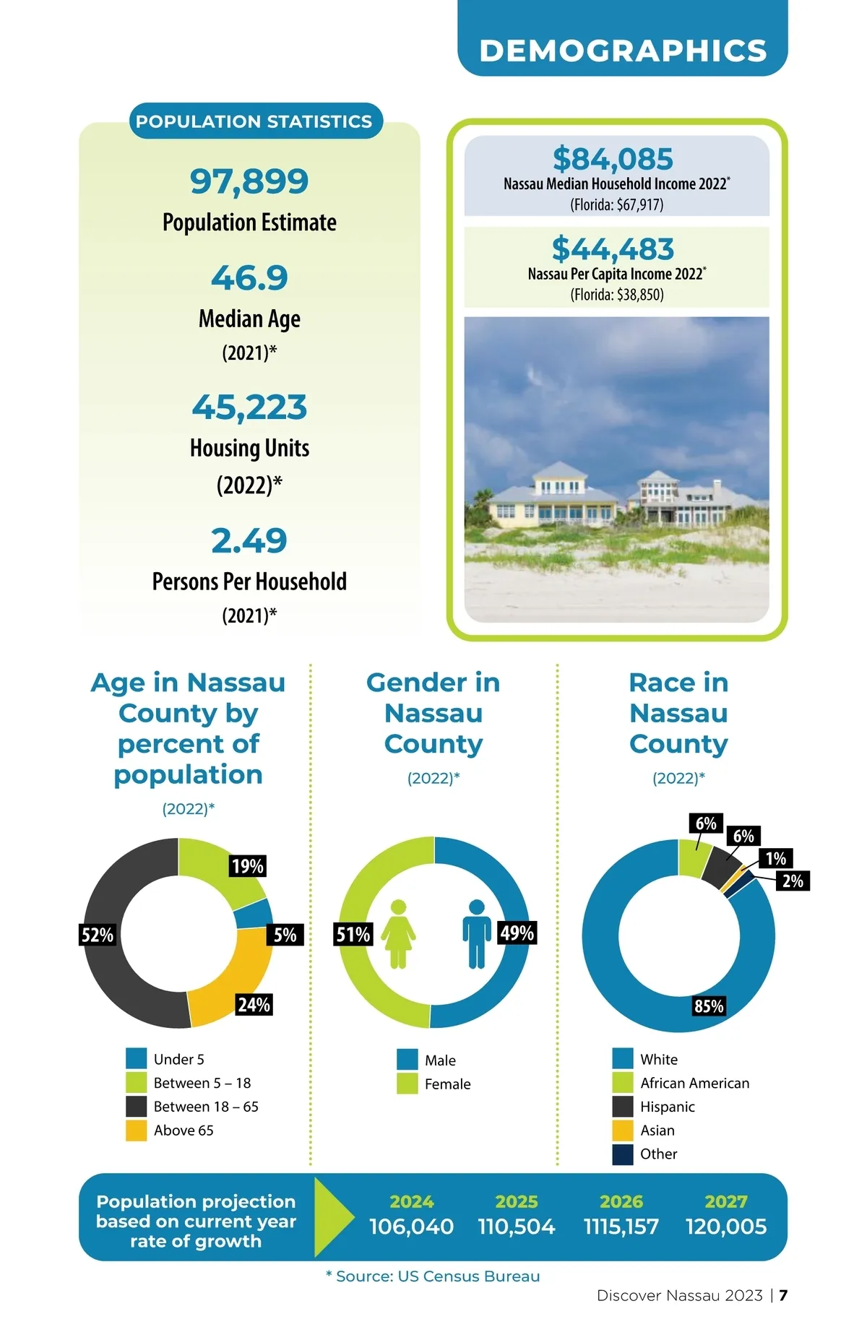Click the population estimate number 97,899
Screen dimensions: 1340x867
pos(249,181)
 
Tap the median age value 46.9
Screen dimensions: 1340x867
pos(249,278)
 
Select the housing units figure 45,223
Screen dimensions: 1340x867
pos(249,407)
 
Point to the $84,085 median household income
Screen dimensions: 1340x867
pos(613,159)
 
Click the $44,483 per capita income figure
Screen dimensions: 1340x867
pos(613,249)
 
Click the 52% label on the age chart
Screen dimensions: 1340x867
pos(98,935)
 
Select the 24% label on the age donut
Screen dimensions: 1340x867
pos(254,1004)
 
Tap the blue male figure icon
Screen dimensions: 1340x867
pos(476,933)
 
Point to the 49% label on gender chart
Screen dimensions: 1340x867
pos(517,933)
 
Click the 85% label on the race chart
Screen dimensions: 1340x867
pos(709,1006)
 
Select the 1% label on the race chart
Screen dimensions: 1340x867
pos(776,858)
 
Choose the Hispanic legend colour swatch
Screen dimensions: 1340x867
pos(623,1107)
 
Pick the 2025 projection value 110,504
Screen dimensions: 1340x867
pos(517,1227)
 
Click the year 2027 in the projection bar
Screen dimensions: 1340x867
pos(726,1201)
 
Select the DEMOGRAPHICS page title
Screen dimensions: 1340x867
pos(623,51)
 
